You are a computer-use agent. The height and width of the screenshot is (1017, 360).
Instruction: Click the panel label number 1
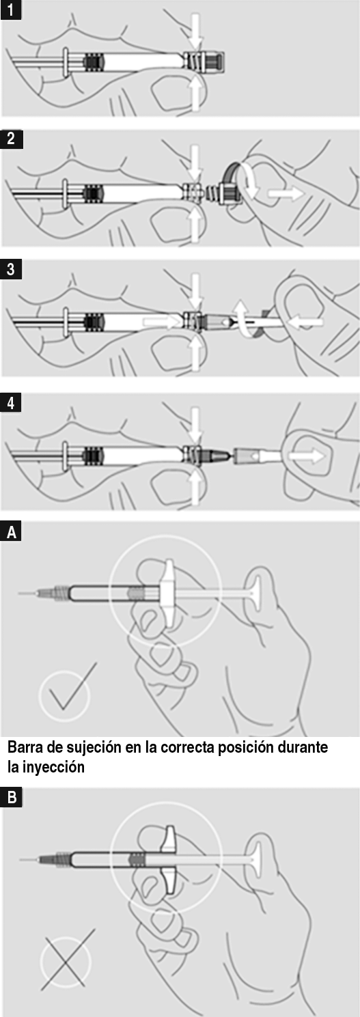tap(11, 9)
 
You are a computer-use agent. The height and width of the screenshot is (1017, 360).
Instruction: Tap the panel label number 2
tap(11, 139)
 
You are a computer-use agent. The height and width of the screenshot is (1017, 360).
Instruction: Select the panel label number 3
tap(11, 270)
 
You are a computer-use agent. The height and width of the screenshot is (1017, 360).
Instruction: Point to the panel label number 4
tap(11, 403)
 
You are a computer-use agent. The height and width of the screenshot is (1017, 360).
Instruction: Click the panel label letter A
tap(11, 531)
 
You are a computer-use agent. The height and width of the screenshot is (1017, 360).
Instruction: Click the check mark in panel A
tap(72, 687)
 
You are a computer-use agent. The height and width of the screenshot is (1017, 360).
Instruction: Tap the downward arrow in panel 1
tap(195, 31)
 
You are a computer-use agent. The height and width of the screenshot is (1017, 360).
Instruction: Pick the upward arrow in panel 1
tap(195, 94)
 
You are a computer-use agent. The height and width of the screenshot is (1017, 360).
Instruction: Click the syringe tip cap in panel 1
tap(212, 62)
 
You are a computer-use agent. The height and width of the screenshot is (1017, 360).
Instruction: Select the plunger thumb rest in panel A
tap(255, 591)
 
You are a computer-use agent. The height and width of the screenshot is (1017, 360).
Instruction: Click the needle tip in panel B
tap(20, 859)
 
